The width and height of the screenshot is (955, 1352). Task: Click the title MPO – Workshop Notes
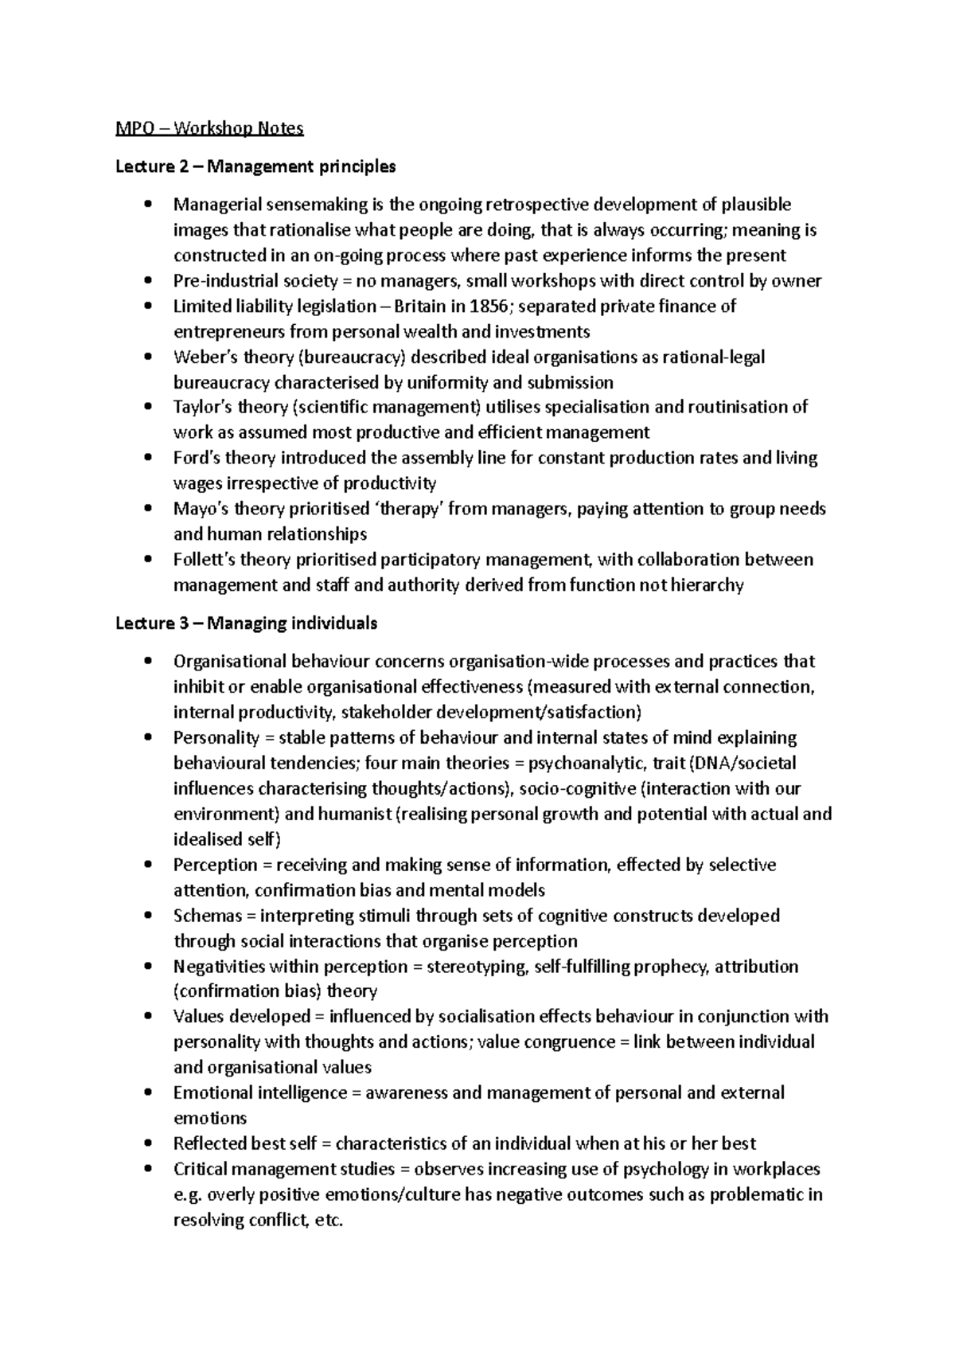tap(209, 128)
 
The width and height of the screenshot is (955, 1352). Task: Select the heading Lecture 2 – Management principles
tap(255, 166)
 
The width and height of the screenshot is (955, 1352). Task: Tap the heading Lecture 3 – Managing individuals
tap(247, 623)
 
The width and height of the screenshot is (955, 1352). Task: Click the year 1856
tap(488, 307)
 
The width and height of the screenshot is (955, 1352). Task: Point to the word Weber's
tap(201, 358)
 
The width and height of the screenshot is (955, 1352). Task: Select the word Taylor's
tap(201, 408)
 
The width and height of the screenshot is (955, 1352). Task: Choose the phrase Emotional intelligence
tap(259, 1093)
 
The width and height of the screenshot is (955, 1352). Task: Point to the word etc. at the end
tap(329, 1221)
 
